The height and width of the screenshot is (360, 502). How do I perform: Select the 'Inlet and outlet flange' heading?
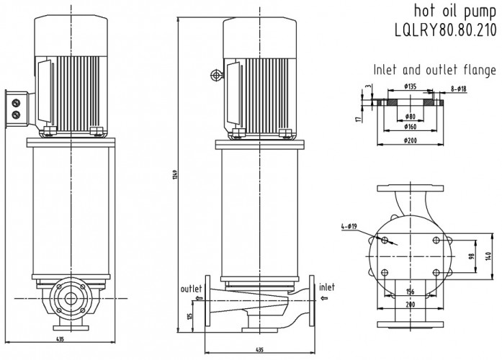pos(434,71)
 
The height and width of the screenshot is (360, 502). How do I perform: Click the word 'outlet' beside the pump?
pos(192,288)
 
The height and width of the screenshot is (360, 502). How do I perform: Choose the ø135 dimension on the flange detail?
pos(411,87)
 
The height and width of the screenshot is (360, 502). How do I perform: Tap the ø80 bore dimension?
pos(410,116)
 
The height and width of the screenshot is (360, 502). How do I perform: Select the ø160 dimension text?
pos(411,127)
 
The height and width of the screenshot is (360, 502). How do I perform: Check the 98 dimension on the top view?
pos(472,256)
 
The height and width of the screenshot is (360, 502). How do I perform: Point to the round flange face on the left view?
pos(70,300)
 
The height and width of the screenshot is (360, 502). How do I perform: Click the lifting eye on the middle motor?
pos(215,76)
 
